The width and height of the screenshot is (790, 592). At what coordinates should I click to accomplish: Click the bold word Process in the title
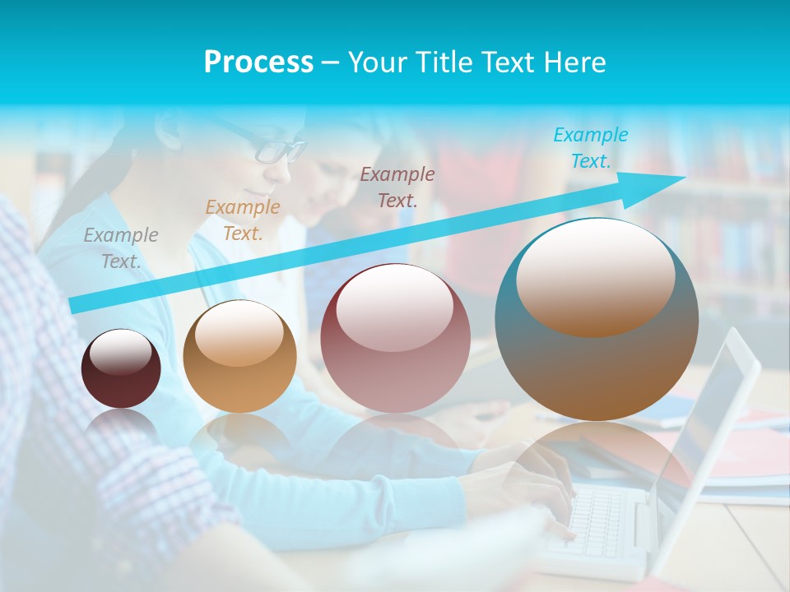(x=258, y=62)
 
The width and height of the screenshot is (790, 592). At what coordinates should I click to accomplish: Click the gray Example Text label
(x=121, y=247)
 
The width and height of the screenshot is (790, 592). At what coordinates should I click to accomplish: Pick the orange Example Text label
(x=243, y=220)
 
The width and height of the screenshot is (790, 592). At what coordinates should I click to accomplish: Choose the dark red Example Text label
(x=397, y=187)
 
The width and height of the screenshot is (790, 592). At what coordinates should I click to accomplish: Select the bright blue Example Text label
(x=591, y=148)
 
